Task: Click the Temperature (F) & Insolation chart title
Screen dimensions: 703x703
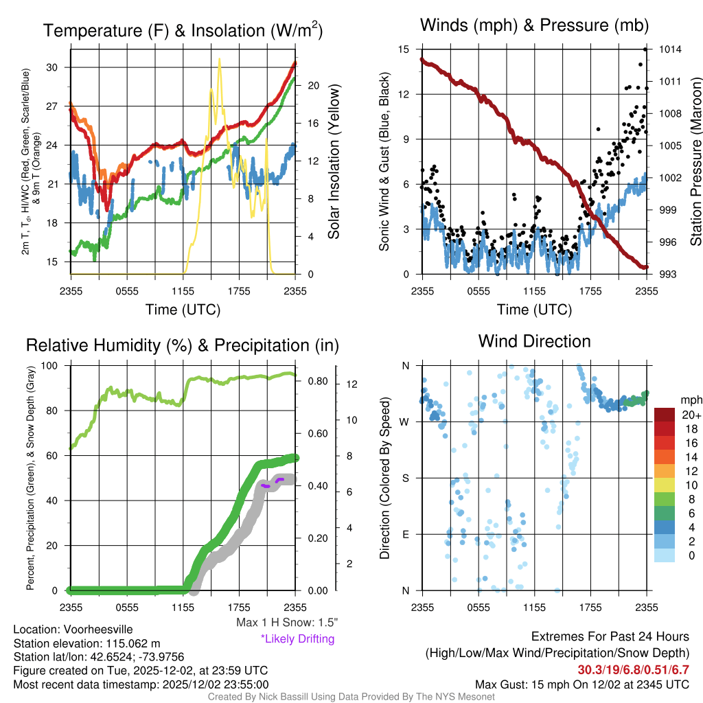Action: (183, 31)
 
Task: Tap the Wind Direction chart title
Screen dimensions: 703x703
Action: (534, 341)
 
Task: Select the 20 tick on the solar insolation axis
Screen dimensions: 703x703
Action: (314, 86)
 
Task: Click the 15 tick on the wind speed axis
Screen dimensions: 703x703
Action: (404, 49)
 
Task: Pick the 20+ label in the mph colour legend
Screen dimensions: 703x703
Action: (691, 415)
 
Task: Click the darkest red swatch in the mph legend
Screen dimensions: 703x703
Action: (665, 415)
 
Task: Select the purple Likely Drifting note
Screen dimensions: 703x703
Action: (297, 638)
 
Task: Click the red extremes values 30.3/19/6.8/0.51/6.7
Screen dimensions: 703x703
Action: (632, 669)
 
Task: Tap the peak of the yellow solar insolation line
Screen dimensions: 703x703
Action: (220, 59)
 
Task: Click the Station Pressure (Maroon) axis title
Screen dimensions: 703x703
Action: (695, 161)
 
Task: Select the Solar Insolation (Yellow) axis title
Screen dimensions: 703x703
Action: (334, 161)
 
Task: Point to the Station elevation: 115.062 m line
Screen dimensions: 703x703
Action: (87, 643)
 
